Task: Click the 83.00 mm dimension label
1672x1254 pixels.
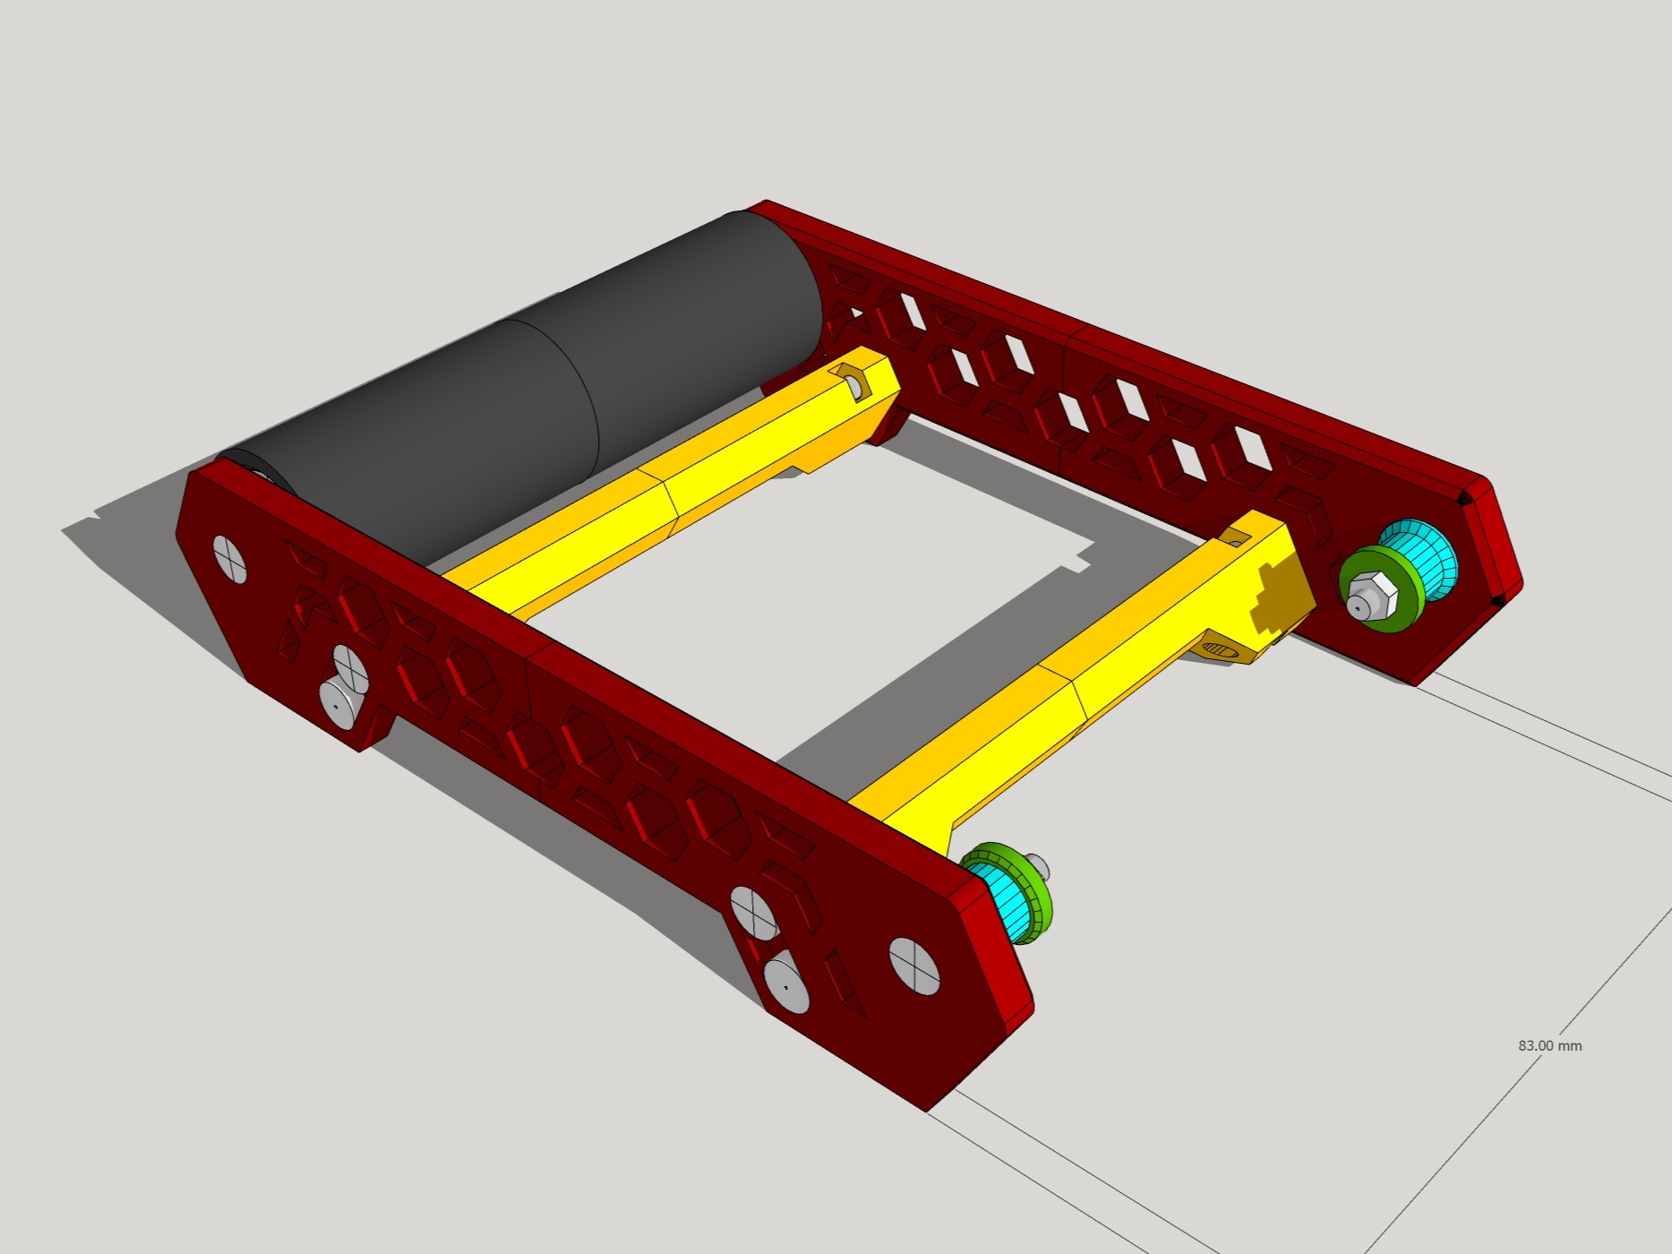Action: pos(1549,1045)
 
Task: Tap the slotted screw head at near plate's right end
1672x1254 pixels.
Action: pos(914,966)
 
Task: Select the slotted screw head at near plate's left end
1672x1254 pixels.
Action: pos(230,559)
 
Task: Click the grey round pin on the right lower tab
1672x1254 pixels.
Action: pos(785,984)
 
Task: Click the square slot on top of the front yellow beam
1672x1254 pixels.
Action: pos(1237,537)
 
